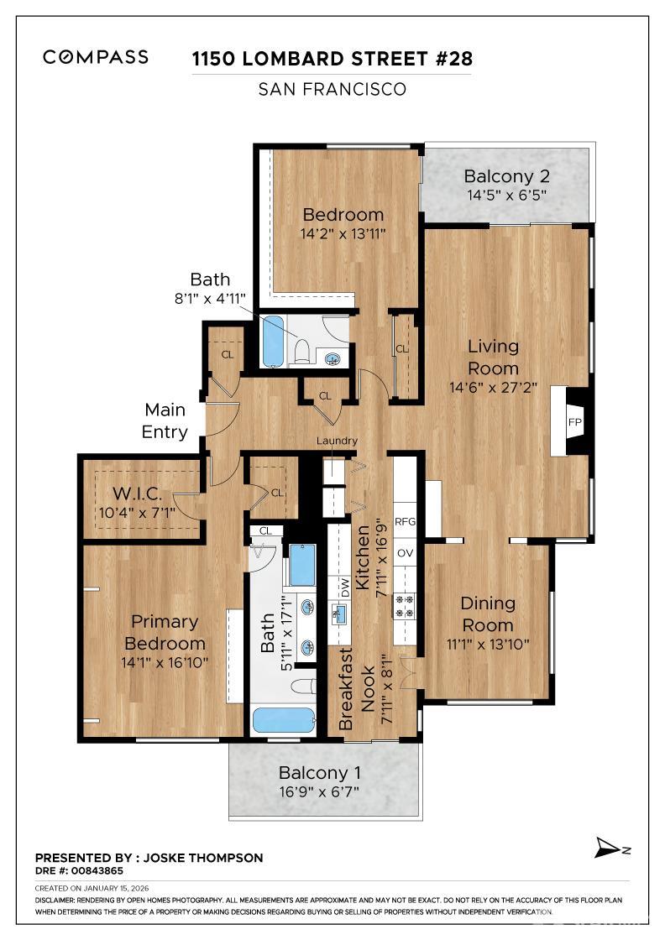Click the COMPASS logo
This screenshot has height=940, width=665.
pos(96,57)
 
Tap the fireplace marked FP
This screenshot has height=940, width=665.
pos(574,421)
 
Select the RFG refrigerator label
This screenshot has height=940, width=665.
pos(406,522)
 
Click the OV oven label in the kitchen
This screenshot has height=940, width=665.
pos(406,553)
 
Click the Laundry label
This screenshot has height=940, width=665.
pos(337,441)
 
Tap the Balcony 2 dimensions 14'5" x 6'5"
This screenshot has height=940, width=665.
pos(506,196)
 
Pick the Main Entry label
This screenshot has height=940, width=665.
pos(166,421)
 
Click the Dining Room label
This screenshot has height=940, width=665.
pos(488,614)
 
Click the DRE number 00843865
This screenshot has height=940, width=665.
pos(86,870)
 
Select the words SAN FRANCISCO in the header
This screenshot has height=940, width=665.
pos(332,89)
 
